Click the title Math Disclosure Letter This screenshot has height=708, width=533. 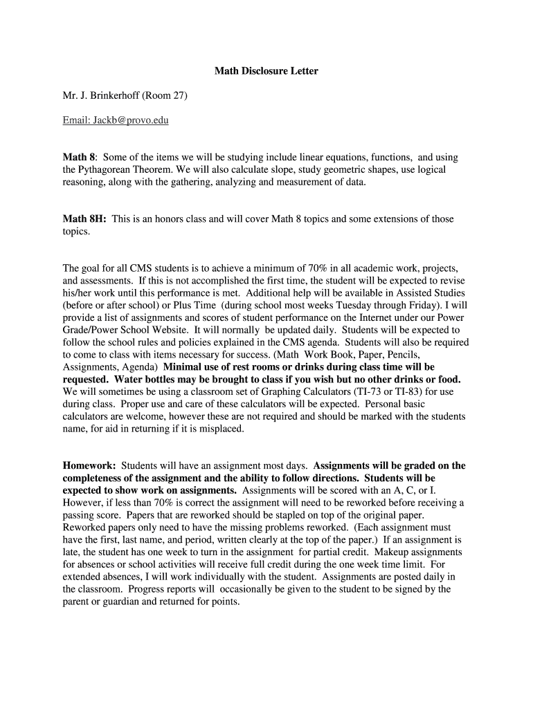tap(266, 71)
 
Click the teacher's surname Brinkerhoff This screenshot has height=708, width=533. tap(111, 95)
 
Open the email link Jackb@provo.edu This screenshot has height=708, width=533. tap(116, 120)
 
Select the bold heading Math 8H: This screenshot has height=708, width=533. tap(84, 219)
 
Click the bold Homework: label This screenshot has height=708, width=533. tap(89, 466)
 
